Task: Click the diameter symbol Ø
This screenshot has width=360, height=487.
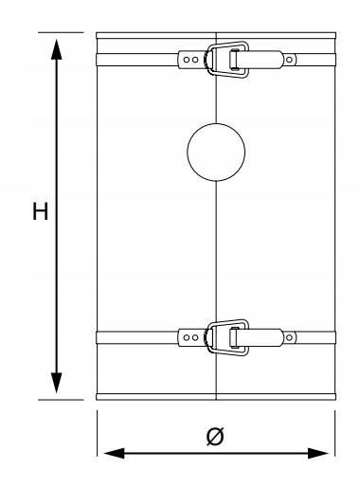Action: pyautogui.click(x=215, y=437)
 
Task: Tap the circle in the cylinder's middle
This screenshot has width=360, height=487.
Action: pyautogui.click(x=216, y=152)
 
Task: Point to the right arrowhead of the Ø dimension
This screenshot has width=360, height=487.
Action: pyautogui.click(x=322, y=453)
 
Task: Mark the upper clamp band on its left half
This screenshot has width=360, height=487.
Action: pyautogui.click(x=137, y=60)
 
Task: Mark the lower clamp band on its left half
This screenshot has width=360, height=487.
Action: pyautogui.click(x=137, y=336)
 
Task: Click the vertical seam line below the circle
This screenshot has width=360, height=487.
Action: pyautogui.click(x=216, y=246)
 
